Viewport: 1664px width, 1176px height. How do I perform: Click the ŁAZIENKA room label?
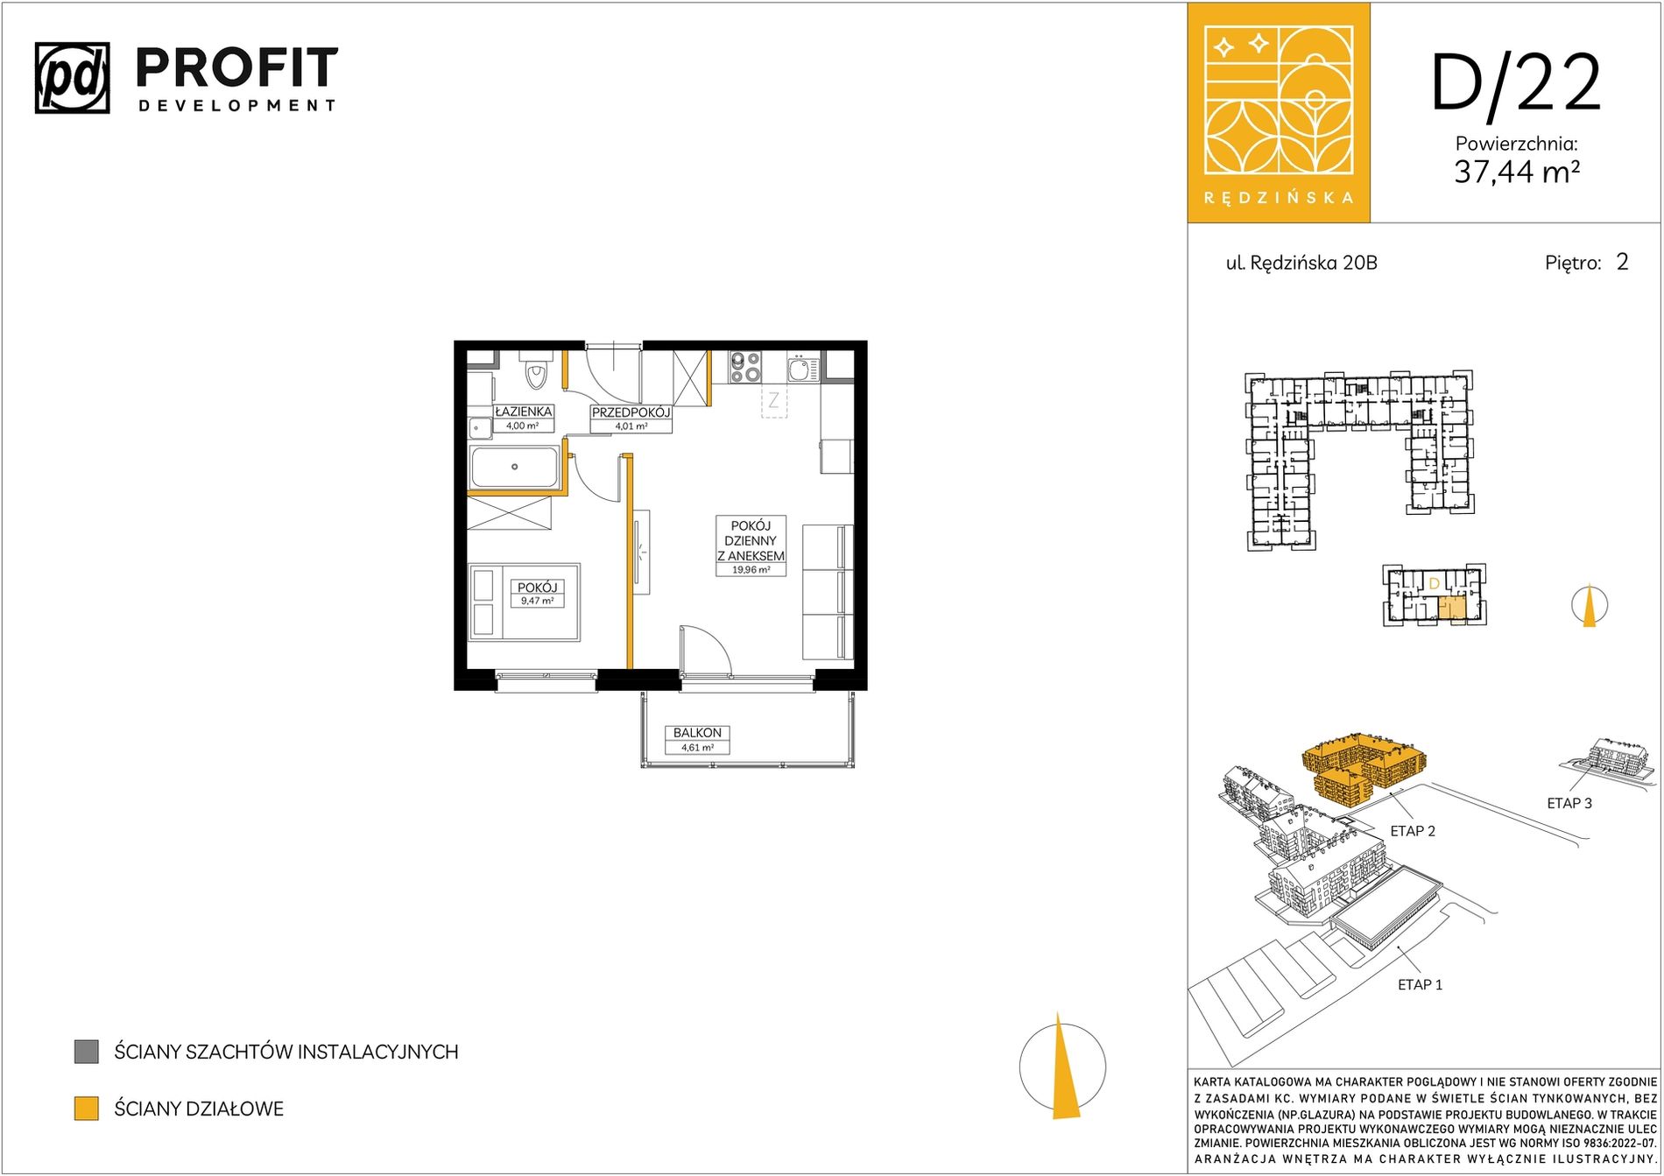[524, 412]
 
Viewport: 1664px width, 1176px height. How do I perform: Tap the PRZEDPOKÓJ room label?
[631, 412]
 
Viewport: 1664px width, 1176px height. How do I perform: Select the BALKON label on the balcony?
[697, 733]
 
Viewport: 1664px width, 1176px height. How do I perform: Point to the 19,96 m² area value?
[751, 570]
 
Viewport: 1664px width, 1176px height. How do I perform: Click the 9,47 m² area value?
[537, 602]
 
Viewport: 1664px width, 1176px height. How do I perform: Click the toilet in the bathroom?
[535, 371]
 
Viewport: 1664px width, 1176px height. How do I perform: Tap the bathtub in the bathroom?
[514, 467]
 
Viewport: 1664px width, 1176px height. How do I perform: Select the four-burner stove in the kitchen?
[745, 367]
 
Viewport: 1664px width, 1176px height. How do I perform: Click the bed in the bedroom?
[524, 602]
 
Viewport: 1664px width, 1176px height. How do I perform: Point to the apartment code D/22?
[1516, 83]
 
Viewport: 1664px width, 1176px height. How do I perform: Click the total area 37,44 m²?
[1517, 172]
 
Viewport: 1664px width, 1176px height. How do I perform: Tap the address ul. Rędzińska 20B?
[1301, 263]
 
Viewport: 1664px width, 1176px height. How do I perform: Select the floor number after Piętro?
[1622, 262]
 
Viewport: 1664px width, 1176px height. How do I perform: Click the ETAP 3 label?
[1569, 803]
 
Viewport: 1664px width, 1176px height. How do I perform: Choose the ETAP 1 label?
[1420, 984]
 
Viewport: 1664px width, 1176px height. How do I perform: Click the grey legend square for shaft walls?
[86, 1052]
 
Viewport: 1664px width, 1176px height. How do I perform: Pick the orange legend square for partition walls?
[86, 1109]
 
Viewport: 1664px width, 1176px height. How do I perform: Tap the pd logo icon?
[73, 78]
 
